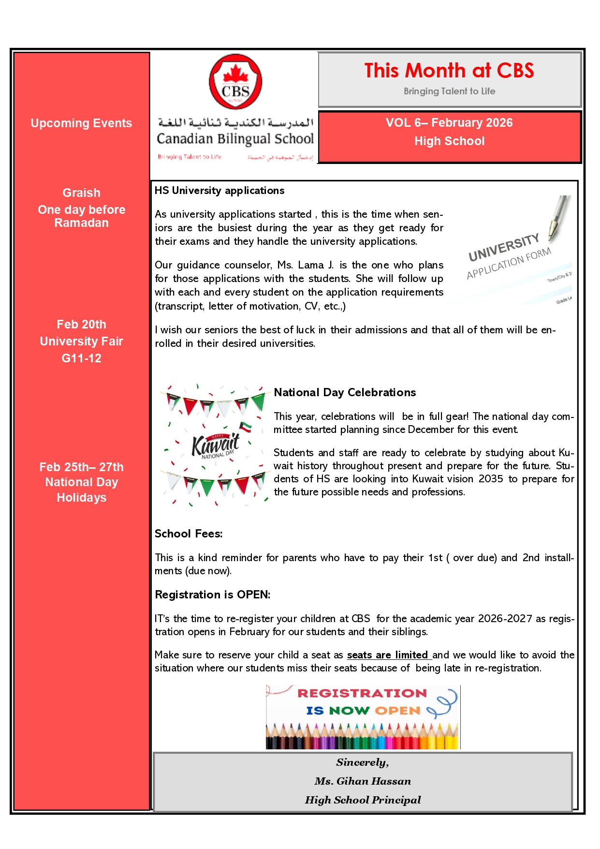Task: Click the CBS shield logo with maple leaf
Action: tap(235, 82)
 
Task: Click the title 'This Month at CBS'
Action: tap(449, 71)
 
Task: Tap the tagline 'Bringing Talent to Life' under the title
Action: tap(449, 91)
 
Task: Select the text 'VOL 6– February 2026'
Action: tap(449, 123)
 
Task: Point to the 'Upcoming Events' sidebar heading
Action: tap(81, 123)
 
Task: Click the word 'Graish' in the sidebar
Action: tap(81, 193)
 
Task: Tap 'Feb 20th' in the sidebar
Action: tap(81, 324)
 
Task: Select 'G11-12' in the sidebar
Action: tap(81, 358)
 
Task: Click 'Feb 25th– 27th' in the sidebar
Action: tap(81, 467)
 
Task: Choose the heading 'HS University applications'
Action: tap(220, 191)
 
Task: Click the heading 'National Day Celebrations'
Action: tap(345, 392)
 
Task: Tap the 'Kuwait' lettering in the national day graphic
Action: tap(216, 444)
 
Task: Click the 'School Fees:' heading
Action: tap(189, 534)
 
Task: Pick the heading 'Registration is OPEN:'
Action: tap(212, 595)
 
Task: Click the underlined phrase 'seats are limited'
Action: tap(388, 655)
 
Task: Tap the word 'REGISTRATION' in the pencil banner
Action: tap(362, 693)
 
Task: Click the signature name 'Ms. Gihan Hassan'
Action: tap(363, 781)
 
